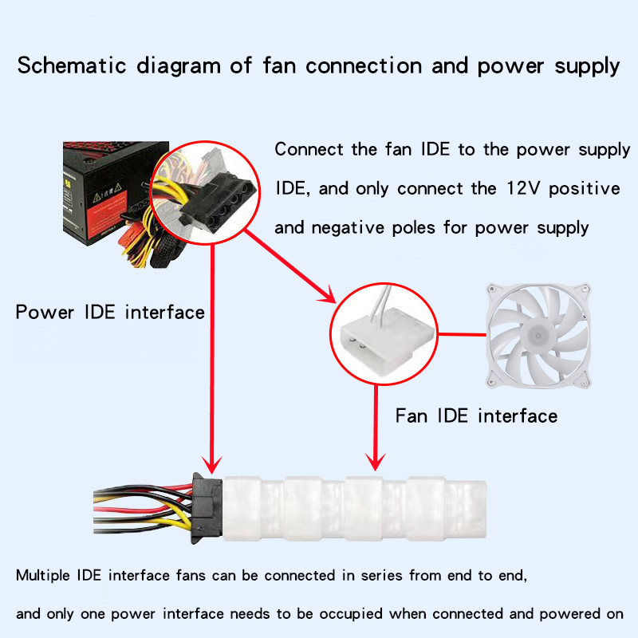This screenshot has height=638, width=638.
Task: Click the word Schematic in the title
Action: tap(65, 65)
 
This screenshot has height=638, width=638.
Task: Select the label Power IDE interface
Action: tap(110, 312)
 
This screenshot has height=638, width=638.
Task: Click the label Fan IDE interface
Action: tap(476, 415)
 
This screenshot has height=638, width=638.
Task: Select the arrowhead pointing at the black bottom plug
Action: tap(211, 463)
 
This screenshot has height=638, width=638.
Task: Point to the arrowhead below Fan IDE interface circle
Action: tap(374, 460)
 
